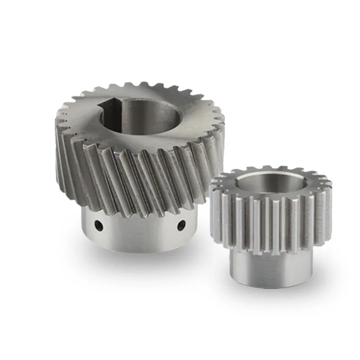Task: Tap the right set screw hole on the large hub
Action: click(x=181, y=224)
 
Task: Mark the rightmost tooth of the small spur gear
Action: click(x=329, y=207)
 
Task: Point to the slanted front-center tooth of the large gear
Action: click(x=135, y=180)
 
